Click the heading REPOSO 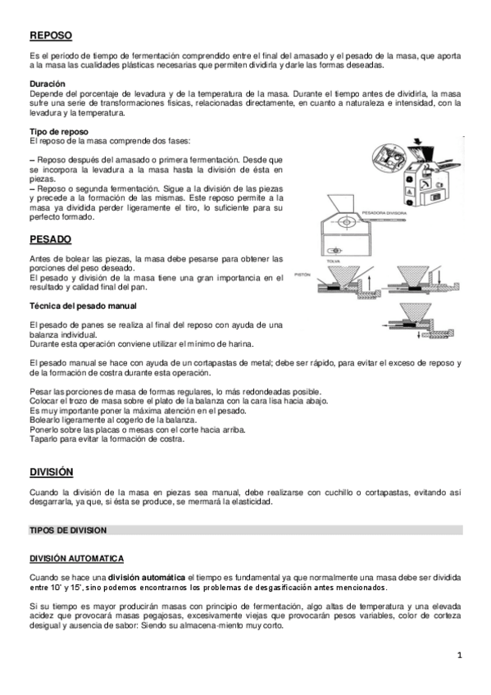(50, 36)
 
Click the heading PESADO (50, 238)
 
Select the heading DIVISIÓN (52, 472)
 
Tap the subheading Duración (48, 84)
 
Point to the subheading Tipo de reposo (58, 131)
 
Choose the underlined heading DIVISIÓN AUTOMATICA (76, 558)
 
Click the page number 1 (461, 654)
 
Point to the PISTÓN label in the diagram (302, 275)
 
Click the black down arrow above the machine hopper (421, 141)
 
